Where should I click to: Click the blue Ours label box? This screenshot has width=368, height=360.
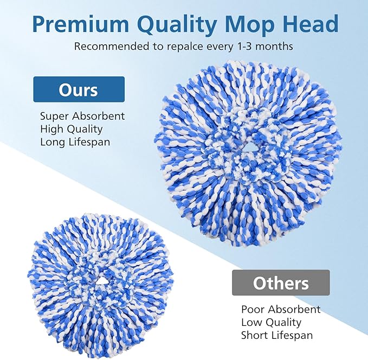point(79,89)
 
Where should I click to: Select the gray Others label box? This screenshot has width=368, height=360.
point(281,282)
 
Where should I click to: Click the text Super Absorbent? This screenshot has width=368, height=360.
point(82,117)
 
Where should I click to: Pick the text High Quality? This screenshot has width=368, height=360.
point(71,130)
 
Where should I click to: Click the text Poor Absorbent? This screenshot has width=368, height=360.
point(281,310)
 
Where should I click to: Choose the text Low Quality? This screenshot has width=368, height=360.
point(271,323)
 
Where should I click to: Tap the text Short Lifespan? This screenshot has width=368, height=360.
point(276,336)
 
